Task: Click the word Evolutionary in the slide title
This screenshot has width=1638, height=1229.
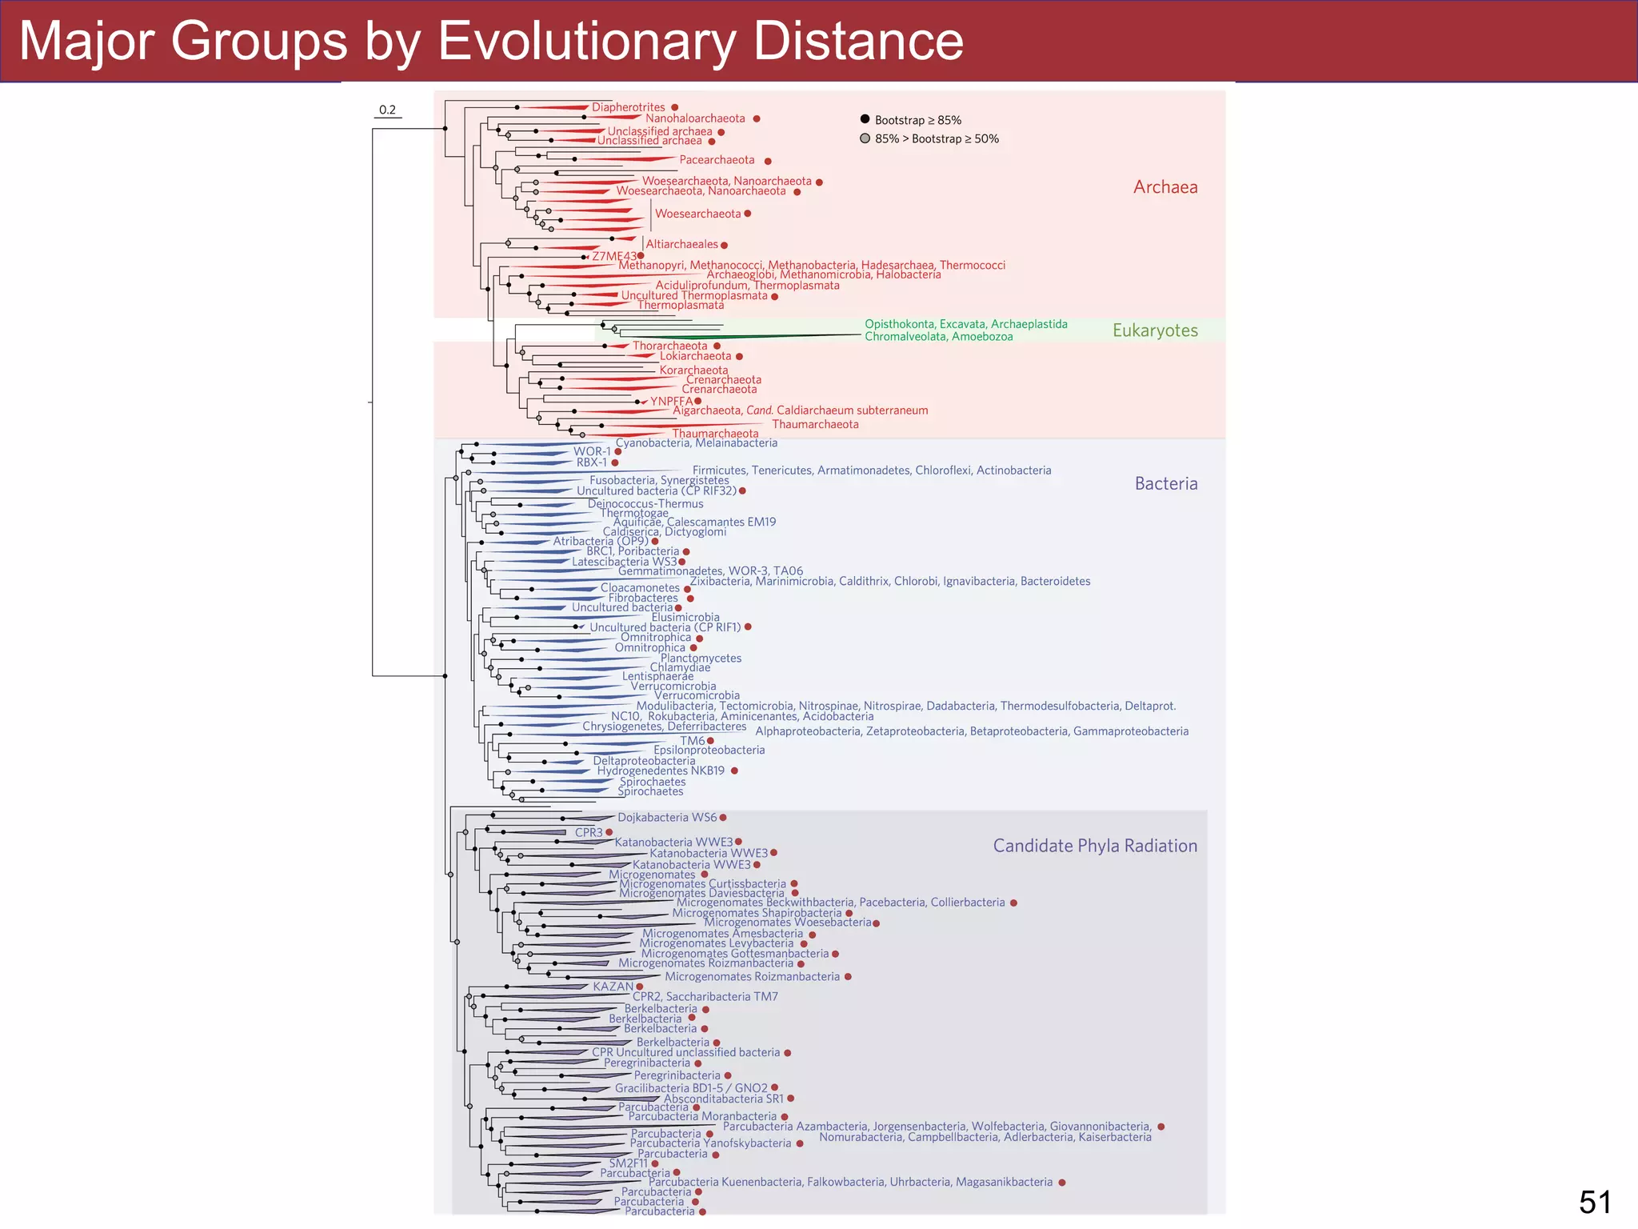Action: (585, 42)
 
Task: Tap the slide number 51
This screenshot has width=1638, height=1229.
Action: (1595, 1202)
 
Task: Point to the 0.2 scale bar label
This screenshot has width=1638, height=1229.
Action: (387, 110)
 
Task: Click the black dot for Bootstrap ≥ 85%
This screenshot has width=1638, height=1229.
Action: (865, 119)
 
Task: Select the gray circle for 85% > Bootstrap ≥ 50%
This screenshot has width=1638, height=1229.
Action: (865, 138)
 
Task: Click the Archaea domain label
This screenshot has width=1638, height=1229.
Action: (1165, 187)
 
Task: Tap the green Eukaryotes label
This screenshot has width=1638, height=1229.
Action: (1154, 330)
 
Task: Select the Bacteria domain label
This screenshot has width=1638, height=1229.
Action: (1165, 483)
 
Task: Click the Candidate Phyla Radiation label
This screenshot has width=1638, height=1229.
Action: (1094, 846)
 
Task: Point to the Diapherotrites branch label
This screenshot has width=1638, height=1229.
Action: (628, 107)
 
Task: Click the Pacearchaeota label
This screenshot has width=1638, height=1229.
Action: (717, 160)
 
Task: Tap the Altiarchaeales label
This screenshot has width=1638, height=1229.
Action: (681, 244)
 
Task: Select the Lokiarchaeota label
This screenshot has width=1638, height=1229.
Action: (695, 356)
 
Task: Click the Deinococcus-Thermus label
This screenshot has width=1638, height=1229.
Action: (645, 503)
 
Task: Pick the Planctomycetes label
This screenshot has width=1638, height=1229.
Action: (701, 658)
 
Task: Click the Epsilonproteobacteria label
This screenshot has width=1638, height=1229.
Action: (709, 750)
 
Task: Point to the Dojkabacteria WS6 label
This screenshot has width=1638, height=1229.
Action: (667, 817)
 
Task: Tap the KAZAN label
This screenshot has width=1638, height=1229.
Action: (613, 986)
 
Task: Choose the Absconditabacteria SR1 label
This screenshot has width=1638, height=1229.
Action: (723, 1099)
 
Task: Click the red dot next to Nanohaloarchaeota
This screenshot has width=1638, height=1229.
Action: (757, 119)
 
